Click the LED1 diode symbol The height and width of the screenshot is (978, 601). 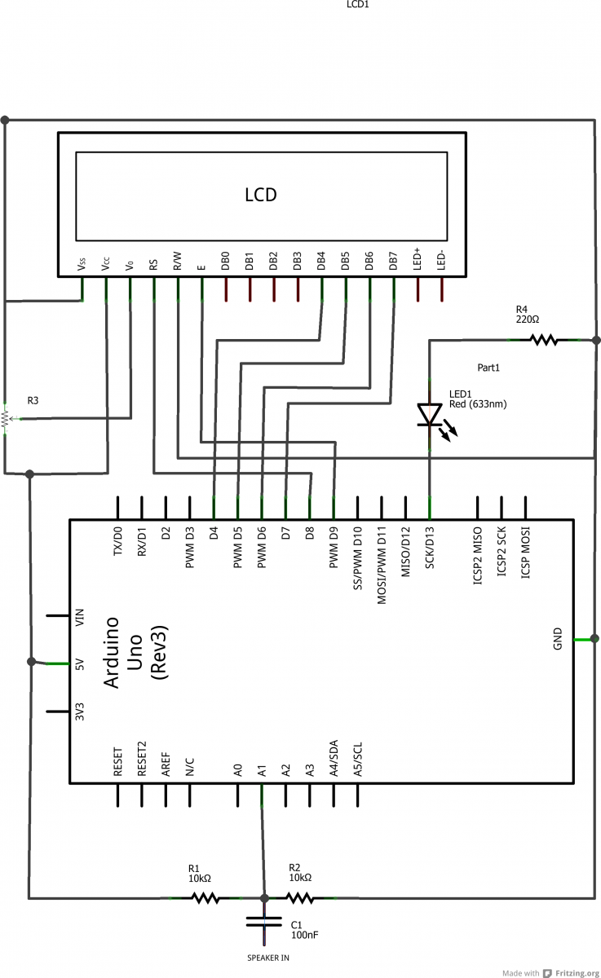coord(430,415)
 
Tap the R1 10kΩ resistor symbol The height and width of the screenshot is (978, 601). coord(205,898)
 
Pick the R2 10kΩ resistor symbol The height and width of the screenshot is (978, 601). coord(300,898)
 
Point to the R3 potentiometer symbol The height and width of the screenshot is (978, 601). coord(5,418)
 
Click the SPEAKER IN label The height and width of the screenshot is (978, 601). coord(268,958)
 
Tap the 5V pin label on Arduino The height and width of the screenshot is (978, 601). coord(79,663)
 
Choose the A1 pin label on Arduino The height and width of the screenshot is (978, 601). coord(262,769)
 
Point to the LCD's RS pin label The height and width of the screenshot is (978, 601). coord(153,263)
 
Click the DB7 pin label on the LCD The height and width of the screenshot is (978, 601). coord(393,261)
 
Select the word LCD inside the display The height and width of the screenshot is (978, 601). coord(261,195)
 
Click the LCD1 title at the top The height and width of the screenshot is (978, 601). coord(358,5)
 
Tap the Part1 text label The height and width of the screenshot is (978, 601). coord(488,368)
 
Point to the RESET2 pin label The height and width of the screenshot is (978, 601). coord(142,760)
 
